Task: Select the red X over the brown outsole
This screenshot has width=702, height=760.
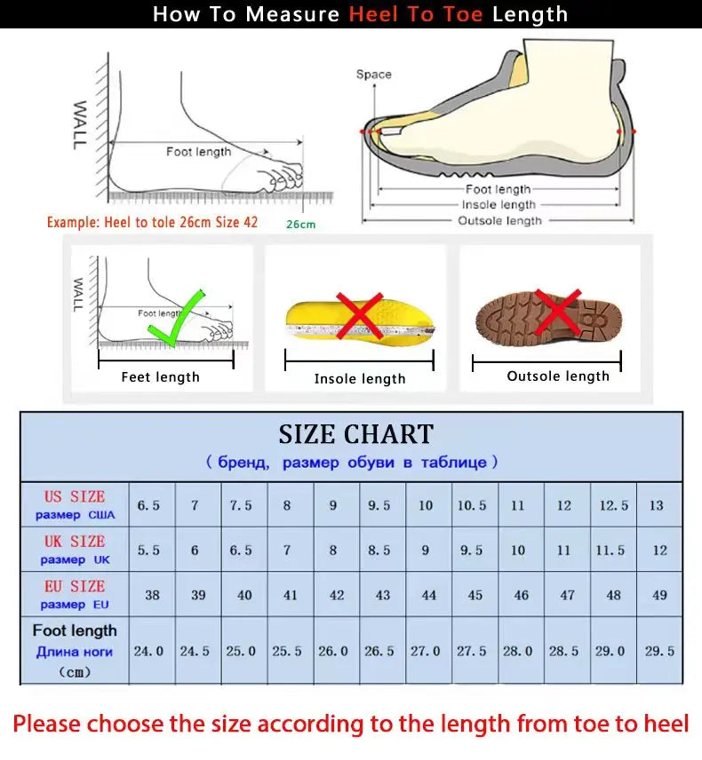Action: pyautogui.click(x=557, y=312)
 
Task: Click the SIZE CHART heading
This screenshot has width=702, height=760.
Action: pyautogui.click(x=355, y=434)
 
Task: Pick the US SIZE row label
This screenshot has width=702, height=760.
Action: pyautogui.click(x=75, y=504)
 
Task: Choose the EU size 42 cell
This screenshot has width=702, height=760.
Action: pyautogui.click(x=337, y=595)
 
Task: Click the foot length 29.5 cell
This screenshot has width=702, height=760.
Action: pyautogui.click(x=659, y=651)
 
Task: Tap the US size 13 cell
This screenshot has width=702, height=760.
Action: pyautogui.click(x=657, y=505)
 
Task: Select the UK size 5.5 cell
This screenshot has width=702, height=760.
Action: pyautogui.click(x=148, y=550)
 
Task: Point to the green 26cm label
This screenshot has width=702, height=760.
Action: pyautogui.click(x=300, y=225)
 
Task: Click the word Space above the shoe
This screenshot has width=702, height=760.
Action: pyautogui.click(x=373, y=75)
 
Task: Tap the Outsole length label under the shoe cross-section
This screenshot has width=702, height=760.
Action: pyautogui.click(x=499, y=221)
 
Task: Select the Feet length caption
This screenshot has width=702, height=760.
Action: pyautogui.click(x=160, y=377)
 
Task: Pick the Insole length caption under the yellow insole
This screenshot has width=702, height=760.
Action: pyautogui.click(x=360, y=379)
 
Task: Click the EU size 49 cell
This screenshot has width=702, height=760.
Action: pyautogui.click(x=659, y=595)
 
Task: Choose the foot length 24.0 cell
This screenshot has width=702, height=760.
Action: pyautogui.click(x=148, y=651)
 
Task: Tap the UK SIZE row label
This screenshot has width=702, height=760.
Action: pyautogui.click(x=75, y=550)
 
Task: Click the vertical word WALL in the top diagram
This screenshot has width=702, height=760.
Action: pyautogui.click(x=80, y=125)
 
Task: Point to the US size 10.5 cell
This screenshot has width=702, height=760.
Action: pyautogui.click(x=472, y=505)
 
